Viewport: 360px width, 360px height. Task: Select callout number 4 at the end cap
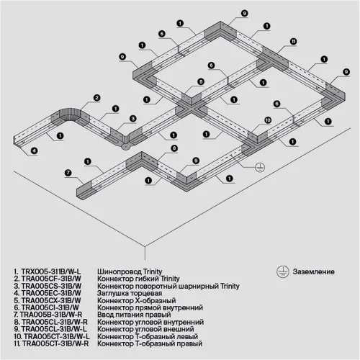tap(33, 150)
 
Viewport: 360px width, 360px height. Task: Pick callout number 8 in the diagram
tap(174, 148)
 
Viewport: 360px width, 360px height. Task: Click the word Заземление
tap(314, 271)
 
